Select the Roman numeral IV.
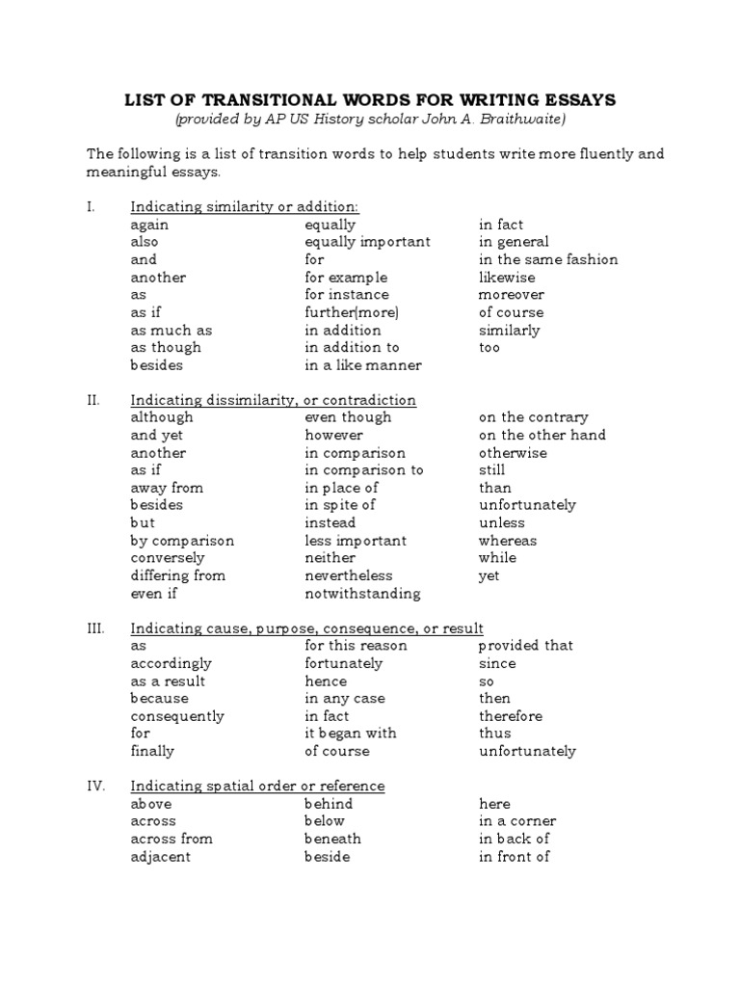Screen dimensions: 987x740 [x=95, y=786]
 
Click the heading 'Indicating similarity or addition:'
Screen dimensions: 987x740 [x=245, y=207]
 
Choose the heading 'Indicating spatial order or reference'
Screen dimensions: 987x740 [x=257, y=786]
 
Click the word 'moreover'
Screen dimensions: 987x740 [x=511, y=295]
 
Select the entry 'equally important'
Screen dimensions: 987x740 [x=367, y=242]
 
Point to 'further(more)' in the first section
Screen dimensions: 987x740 [x=351, y=312]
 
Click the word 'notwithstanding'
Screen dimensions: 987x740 [x=362, y=594]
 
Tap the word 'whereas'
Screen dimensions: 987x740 [x=508, y=541]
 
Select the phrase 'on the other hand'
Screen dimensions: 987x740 [x=542, y=435]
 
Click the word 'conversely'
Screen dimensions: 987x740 [x=168, y=558]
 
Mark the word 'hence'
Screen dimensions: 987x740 [x=326, y=680]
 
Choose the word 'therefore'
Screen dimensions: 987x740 [x=510, y=716]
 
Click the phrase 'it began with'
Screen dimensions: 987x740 [x=350, y=734]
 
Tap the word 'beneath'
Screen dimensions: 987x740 [x=332, y=839]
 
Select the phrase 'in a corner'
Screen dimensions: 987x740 [x=516, y=821]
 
